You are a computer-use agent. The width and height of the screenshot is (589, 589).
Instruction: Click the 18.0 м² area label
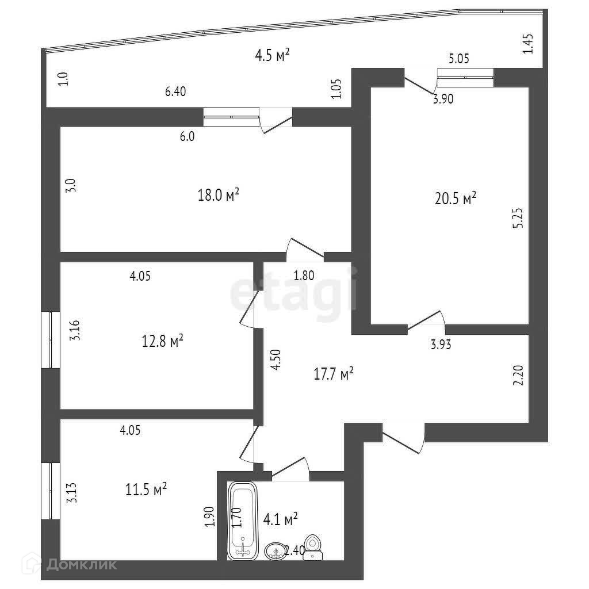point(218,196)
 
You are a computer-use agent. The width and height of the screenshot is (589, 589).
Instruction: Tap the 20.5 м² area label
point(456,199)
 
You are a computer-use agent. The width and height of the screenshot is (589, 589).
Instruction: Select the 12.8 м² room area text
point(162,341)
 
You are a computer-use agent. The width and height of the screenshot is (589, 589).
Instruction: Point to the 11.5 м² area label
point(146,489)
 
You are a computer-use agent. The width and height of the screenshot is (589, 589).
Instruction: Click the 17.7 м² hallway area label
point(332,374)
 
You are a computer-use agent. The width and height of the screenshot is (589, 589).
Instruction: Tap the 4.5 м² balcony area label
point(271,56)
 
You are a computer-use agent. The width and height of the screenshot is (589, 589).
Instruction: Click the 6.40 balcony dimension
point(175,91)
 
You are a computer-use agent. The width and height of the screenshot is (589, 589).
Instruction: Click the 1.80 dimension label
point(304,276)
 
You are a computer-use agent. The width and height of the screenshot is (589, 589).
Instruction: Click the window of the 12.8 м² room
point(51,339)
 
